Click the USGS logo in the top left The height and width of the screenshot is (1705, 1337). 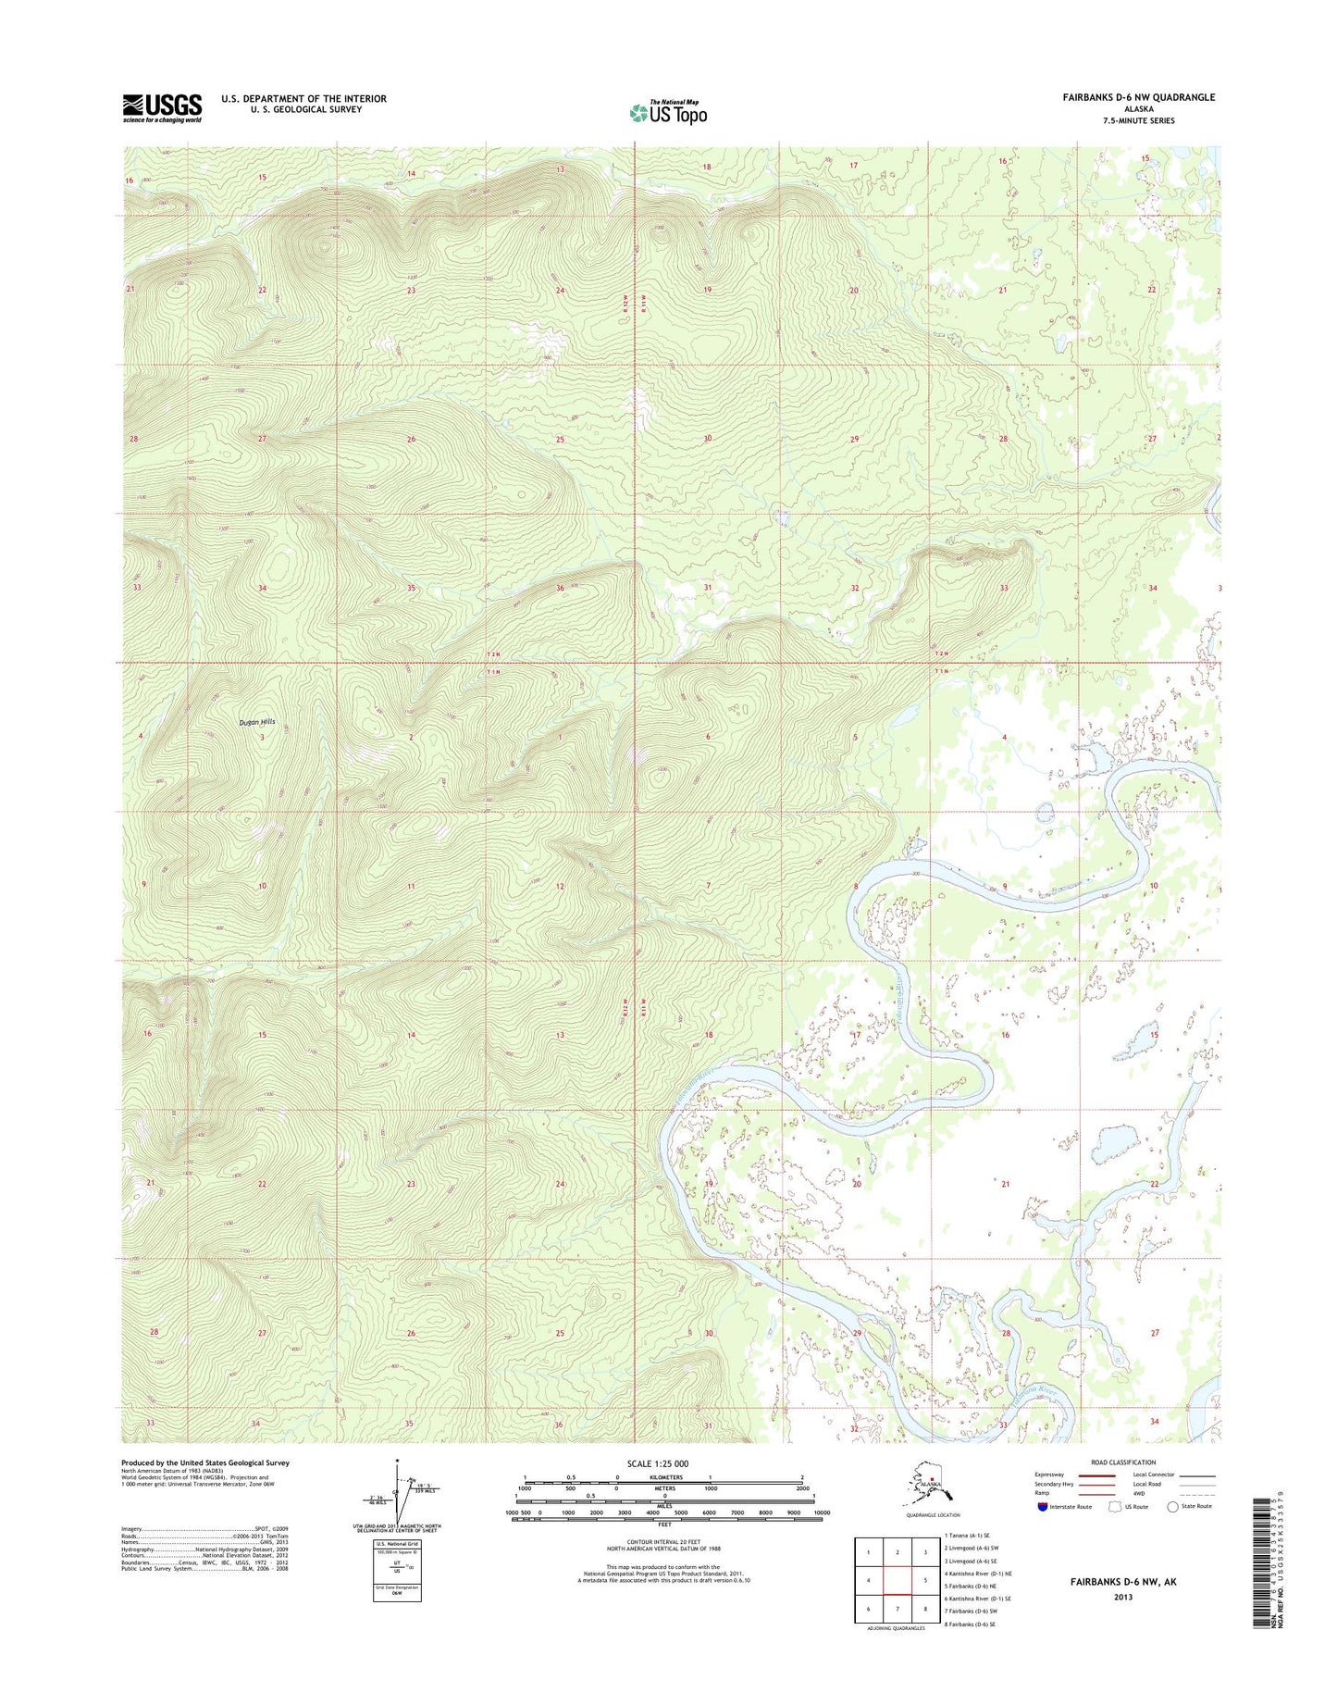(x=162, y=107)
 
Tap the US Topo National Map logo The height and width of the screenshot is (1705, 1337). (x=668, y=112)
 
